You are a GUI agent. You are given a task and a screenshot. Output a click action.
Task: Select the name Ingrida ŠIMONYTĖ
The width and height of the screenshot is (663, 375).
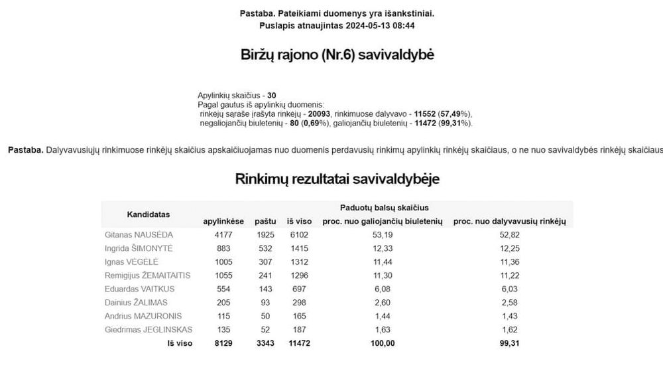tap(139, 248)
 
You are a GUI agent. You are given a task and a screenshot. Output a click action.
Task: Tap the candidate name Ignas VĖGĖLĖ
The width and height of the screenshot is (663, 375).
tap(131, 262)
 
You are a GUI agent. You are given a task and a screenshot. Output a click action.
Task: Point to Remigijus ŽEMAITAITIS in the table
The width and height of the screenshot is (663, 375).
tap(148, 275)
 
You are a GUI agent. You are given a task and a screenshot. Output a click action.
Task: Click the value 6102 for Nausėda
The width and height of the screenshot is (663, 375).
tap(298, 234)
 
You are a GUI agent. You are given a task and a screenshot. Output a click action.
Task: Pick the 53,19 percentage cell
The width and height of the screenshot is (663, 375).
tap(382, 234)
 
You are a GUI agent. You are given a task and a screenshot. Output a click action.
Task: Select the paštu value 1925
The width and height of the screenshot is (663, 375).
tap(265, 234)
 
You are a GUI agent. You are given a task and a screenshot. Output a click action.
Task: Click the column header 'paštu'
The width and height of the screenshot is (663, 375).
tap(265, 220)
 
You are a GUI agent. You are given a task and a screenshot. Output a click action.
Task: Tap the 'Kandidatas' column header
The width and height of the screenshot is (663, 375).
tap(149, 214)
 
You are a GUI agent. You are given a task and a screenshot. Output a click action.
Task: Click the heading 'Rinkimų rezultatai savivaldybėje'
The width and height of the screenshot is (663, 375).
tap(337, 179)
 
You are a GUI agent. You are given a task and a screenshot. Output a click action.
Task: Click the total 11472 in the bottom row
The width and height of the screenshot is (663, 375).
tap(298, 343)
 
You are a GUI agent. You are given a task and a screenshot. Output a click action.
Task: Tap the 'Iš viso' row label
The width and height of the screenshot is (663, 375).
tap(180, 343)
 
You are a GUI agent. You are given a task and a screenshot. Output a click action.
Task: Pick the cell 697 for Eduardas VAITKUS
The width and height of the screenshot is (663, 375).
tap(298, 289)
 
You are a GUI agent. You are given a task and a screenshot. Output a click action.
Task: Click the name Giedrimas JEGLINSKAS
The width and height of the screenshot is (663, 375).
tap(149, 330)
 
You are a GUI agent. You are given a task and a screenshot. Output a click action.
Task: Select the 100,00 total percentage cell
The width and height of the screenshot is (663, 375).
tap(382, 343)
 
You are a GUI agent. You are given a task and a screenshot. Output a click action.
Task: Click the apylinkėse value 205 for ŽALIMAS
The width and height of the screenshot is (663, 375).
tap(224, 303)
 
